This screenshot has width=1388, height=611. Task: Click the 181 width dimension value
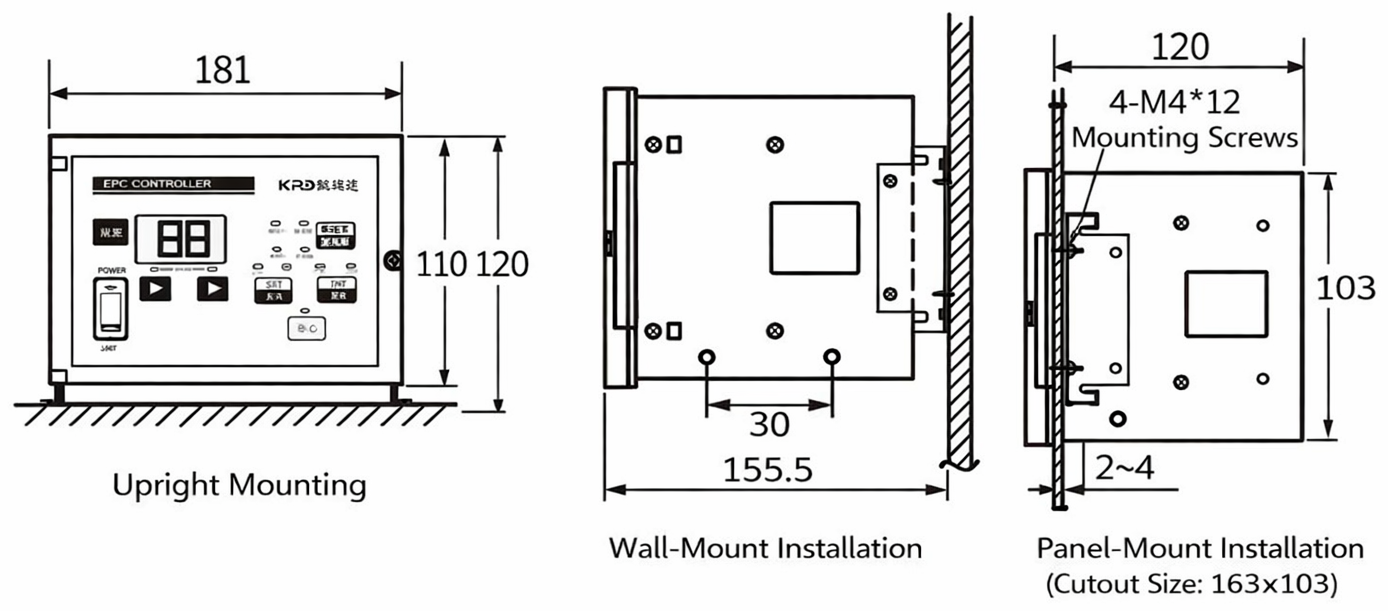click(223, 70)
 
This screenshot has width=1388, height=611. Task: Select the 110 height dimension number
click(440, 264)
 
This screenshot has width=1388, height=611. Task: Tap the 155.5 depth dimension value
click(768, 469)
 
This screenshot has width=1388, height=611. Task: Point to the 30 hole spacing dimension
click(769, 425)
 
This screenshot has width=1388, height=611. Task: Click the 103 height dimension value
click(1346, 288)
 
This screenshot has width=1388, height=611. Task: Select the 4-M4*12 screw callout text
click(1175, 102)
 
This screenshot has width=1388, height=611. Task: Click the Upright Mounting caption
click(239, 486)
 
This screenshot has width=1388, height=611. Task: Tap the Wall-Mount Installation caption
click(765, 548)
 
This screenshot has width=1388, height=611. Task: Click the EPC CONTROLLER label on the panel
click(151, 184)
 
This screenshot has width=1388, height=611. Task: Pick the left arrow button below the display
click(155, 289)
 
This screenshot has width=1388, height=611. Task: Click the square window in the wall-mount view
click(814, 237)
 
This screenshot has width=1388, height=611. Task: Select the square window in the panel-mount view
click(1226, 303)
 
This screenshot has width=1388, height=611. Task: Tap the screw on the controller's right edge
click(394, 262)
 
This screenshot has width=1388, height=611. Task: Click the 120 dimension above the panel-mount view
click(1180, 47)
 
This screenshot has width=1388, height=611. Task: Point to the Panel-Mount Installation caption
click(1200, 548)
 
